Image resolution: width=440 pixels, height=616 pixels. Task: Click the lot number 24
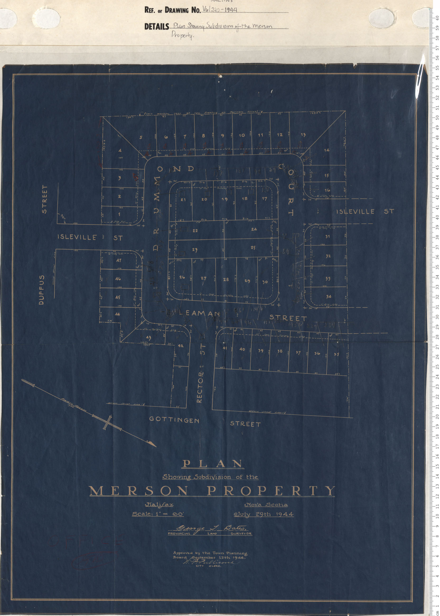254,229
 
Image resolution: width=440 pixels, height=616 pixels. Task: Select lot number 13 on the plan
303,135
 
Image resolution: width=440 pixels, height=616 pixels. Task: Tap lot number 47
119,261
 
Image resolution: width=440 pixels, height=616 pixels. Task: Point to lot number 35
336,354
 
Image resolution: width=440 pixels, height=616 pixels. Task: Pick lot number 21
183,200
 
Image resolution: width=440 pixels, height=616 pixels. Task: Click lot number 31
327,237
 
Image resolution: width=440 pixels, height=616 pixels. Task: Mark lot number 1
119,214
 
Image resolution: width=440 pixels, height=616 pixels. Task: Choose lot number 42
180,346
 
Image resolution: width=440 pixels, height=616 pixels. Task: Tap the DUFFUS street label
41,290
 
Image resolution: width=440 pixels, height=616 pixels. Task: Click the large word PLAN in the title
213,464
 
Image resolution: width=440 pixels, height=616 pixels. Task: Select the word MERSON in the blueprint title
138,491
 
